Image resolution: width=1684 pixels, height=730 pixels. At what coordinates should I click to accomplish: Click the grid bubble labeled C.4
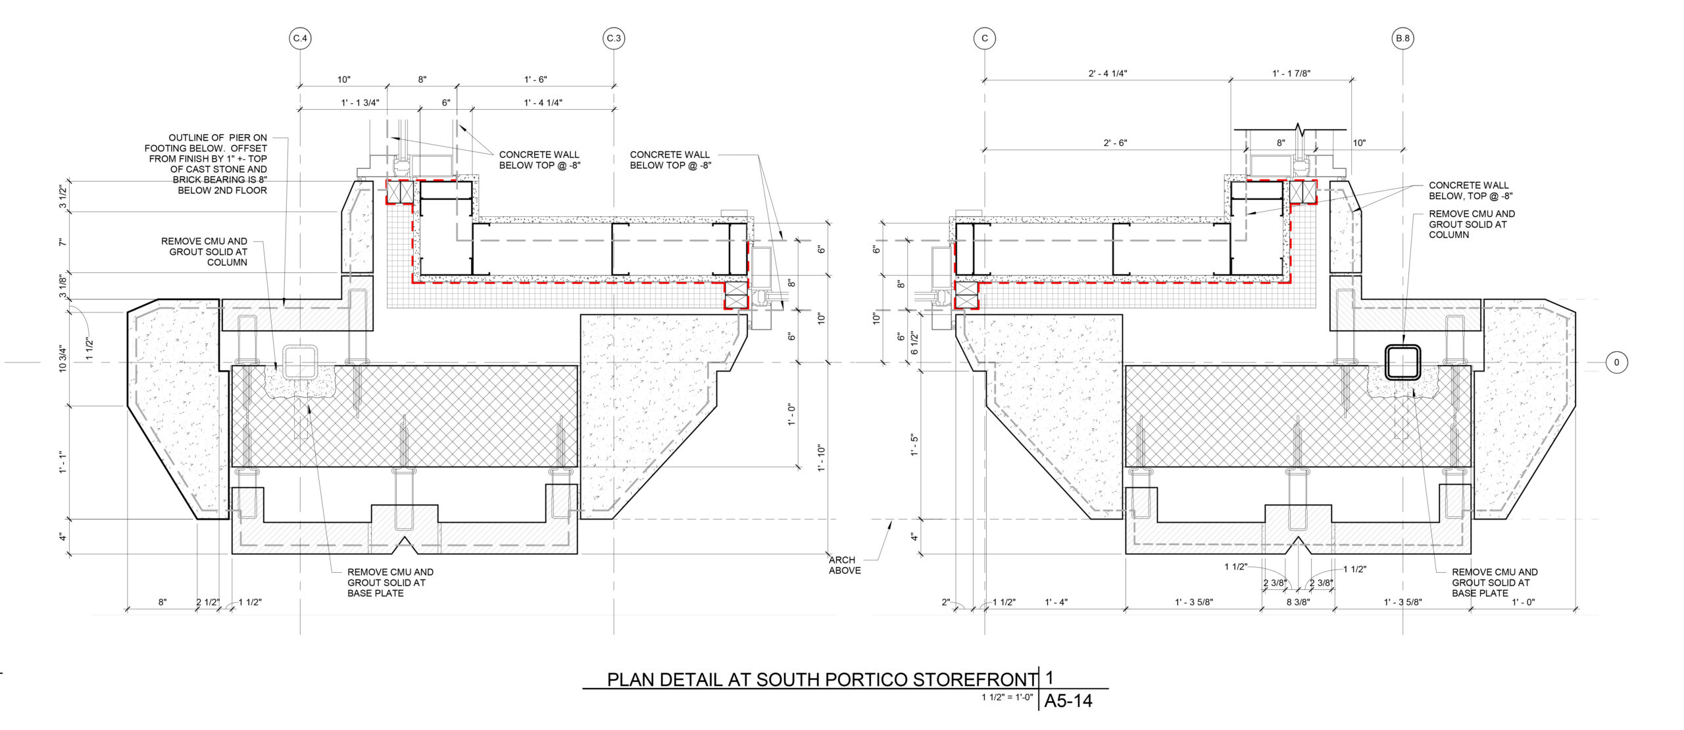(x=300, y=39)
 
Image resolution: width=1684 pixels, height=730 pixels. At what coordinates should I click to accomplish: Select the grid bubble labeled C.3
(x=614, y=39)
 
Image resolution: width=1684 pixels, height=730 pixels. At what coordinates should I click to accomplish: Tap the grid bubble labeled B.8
(x=1402, y=39)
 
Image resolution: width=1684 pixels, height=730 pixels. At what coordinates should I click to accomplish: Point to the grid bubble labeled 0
(x=1616, y=362)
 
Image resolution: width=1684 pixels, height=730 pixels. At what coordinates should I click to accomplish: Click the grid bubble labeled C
(x=984, y=39)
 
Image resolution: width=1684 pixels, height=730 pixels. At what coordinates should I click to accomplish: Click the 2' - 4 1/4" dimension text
(x=1108, y=74)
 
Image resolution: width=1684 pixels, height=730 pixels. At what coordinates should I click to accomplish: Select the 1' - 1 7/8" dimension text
(x=1291, y=74)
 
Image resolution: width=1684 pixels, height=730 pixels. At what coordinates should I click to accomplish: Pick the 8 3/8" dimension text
(x=1299, y=602)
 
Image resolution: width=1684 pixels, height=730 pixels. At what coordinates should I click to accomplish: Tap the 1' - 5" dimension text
(x=914, y=445)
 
